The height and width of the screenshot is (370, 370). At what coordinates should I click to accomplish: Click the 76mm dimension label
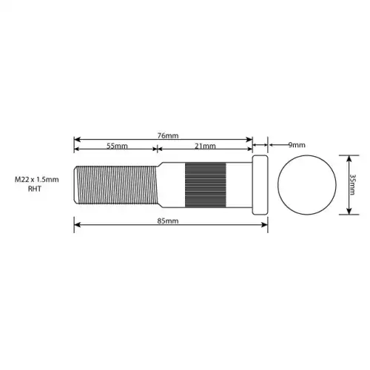point(168,135)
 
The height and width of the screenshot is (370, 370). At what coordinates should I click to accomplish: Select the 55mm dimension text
point(117,146)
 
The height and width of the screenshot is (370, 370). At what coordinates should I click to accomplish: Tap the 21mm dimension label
point(205,146)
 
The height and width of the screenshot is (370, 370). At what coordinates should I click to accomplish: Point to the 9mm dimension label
point(297,145)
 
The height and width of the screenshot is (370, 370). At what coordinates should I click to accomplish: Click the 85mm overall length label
point(168,221)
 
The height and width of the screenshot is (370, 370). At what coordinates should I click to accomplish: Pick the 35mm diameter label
point(353,184)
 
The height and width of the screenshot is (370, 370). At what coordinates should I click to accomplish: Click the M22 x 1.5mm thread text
point(37,179)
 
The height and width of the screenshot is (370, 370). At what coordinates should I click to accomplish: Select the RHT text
point(35,189)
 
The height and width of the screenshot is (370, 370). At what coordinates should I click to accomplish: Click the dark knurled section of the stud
point(206,185)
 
